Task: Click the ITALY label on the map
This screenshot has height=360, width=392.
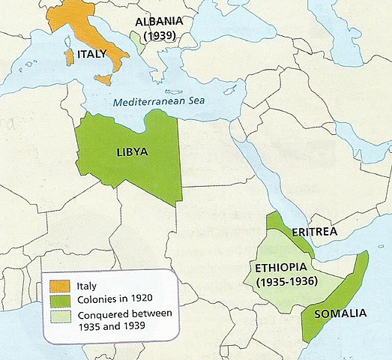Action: tap(94, 54)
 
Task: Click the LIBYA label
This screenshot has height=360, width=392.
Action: tap(132, 151)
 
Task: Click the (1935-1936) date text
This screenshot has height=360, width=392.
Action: tap(286, 282)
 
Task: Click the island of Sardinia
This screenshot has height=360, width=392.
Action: tap(69, 56)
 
